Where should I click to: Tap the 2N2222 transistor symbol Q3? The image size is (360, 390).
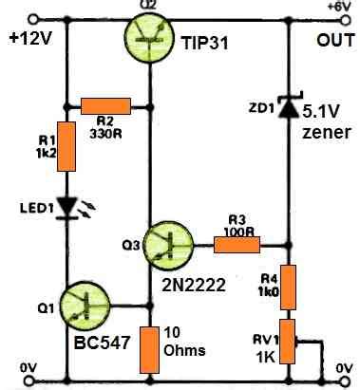pos(170,245)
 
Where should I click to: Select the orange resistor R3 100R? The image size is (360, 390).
pos(236,245)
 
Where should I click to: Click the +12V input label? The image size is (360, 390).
pos(27,40)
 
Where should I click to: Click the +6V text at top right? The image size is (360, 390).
pos(339,7)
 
